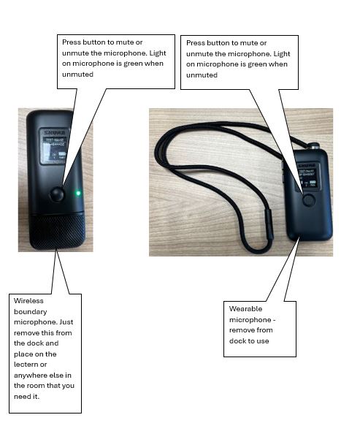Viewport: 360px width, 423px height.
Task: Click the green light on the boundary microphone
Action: tap(78, 193)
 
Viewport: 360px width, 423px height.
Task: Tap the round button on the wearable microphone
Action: tap(308, 200)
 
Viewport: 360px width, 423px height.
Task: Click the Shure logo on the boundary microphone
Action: tap(55, 133)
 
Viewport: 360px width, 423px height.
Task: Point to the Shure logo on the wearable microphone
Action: tap(307, 165)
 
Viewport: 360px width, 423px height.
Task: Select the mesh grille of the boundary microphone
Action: tap(58, 231)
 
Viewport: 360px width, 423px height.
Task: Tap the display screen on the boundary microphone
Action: tap(54, 145)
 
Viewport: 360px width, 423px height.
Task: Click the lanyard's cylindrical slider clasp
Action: tap(269, 224)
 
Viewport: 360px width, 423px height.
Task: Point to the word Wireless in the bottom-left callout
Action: tap(28, 301)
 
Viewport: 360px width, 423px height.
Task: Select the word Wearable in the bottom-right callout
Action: tap(245, 309)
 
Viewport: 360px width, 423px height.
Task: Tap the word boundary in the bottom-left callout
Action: tap(31, 312)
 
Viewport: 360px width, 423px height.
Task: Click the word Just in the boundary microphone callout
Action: tap(66, 322)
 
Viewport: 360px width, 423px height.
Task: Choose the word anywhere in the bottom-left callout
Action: tap(31, 376)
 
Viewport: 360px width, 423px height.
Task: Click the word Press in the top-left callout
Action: tap(71, 42)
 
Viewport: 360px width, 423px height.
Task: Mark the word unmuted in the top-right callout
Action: tap(202, 75)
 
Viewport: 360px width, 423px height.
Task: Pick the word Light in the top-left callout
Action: tap(158, 53)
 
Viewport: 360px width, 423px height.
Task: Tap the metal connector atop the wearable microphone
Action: tap(313, 147)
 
